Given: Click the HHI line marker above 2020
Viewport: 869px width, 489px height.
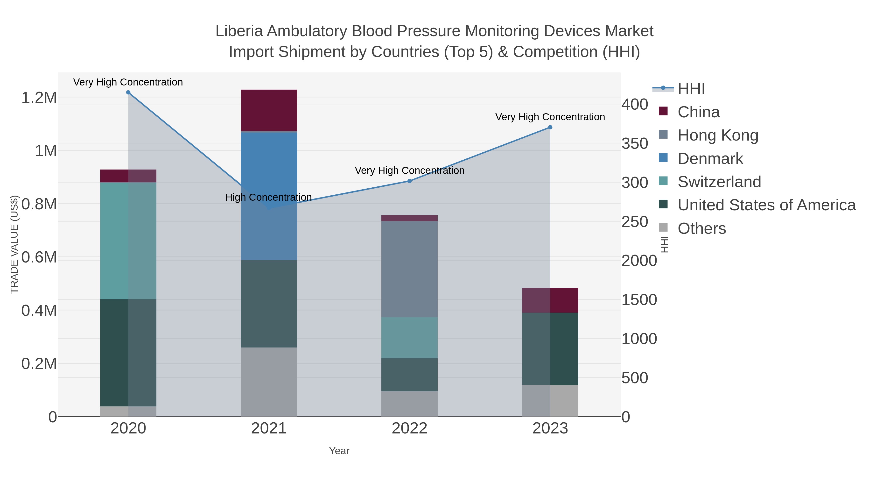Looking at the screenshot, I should click(128, 92).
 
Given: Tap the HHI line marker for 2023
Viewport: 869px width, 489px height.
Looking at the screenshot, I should click(550, 127).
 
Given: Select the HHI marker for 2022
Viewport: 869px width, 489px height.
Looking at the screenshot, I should click(410, 181).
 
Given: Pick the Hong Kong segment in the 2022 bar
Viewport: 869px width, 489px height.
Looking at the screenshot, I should click(410, 269).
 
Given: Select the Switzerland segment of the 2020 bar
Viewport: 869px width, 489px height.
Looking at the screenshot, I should click(128, 241).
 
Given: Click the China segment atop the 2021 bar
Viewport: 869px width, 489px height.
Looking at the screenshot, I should click(269, 110).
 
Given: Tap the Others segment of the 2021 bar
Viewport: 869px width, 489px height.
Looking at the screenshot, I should click(269, 382).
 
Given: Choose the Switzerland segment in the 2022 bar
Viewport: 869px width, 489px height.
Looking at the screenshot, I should click(410, 338).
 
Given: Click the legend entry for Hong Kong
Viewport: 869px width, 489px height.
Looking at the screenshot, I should click(718, 135).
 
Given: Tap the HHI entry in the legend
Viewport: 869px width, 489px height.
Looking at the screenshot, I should click(691, 89).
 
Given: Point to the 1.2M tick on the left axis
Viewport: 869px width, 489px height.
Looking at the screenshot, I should click(39, 98).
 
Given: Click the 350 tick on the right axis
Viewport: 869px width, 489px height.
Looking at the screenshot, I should click(635, 144).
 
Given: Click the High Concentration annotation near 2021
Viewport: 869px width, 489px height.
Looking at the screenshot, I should click(268, 198).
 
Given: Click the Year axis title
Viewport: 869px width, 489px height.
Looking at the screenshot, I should click(339, 451).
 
